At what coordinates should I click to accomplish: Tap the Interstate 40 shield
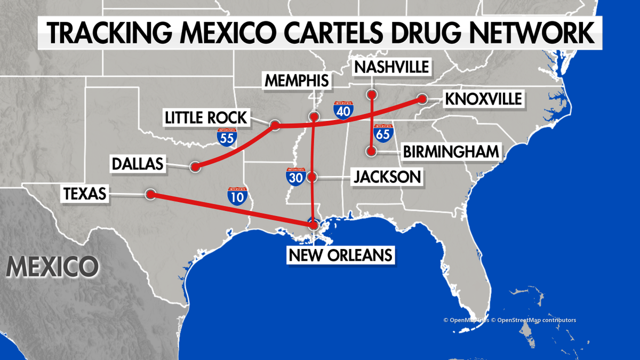342,109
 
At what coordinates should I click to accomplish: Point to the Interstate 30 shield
295,177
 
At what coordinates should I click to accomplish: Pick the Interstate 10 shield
237,196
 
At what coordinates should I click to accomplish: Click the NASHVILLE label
392,67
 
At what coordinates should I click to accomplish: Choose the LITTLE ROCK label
206,117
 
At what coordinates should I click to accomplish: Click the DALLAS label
137,164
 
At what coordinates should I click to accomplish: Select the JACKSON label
387,177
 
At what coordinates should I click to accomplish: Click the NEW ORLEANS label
340,254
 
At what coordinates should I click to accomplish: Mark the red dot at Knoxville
422,99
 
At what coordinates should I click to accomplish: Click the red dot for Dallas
195,167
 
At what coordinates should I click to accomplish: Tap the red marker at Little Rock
275,125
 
